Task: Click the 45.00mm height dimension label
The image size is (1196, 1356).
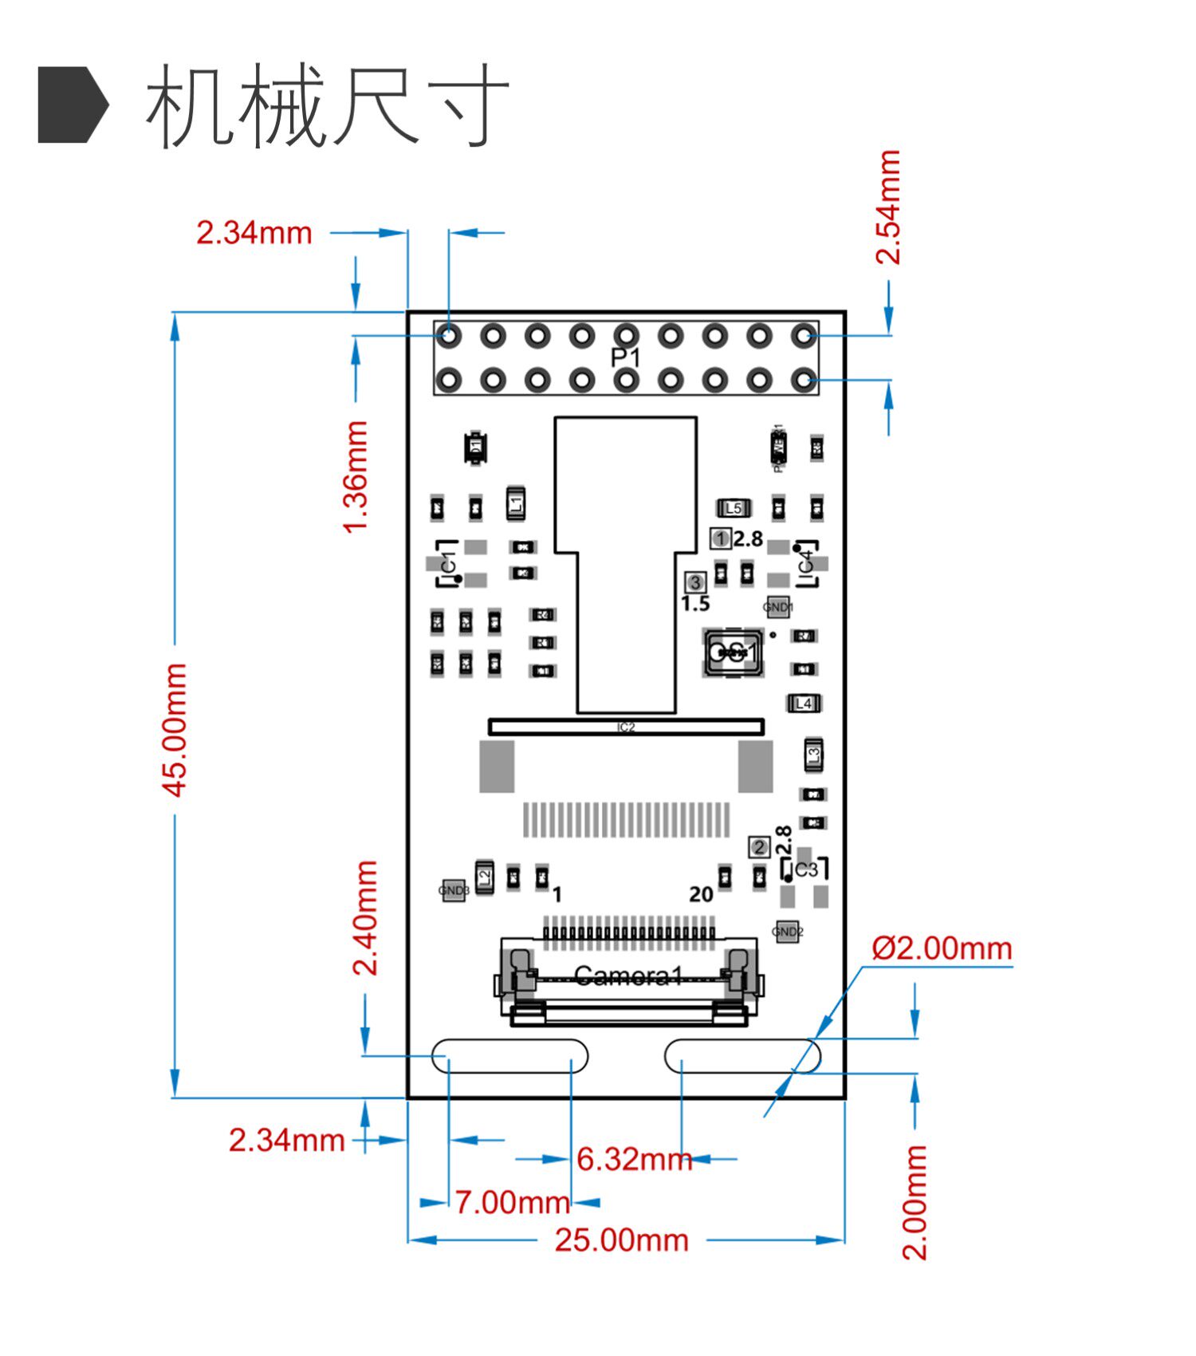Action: point(175,729)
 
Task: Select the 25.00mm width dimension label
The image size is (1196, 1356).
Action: point(621,1240)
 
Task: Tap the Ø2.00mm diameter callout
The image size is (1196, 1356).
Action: point(942,948)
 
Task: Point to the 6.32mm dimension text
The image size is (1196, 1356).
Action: point(634,1159)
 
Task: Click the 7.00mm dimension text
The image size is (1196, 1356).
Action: point(512,1202)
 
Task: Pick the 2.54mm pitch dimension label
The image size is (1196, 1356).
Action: point(888,207)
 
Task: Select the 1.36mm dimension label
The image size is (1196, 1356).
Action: point(356,476)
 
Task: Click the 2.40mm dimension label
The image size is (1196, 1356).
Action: point(366,917)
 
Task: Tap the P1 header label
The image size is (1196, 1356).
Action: point(626,357)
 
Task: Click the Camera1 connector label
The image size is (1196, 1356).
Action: point(628,976)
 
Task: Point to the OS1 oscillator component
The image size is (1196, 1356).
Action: point(732,652)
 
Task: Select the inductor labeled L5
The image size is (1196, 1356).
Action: point(734,508)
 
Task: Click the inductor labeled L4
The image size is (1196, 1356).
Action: point(804,703)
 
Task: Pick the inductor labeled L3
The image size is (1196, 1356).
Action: point(813,754)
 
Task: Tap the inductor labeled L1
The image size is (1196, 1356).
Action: point(516,503)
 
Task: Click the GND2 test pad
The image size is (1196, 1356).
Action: point(787,931)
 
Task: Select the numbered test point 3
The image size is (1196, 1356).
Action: point(696,582)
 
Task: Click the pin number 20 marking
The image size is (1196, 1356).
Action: point(701,894)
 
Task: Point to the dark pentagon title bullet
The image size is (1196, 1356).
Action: point(73,105)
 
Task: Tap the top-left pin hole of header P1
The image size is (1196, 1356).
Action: point(449,336)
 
